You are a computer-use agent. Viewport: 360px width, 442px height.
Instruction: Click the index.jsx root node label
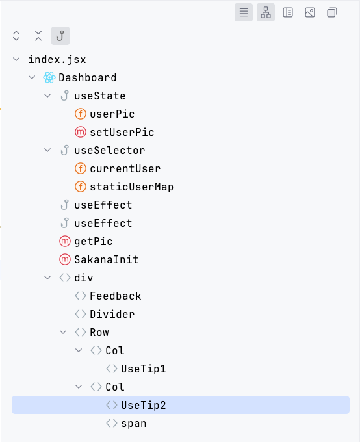tap(57, 59)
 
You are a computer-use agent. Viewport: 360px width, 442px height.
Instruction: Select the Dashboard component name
tap(87, 77)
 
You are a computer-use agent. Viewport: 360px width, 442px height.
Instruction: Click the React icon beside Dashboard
tap(49, 77)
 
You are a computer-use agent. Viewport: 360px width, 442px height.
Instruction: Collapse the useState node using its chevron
tap(47, 96)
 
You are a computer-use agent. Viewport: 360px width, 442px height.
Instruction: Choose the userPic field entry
tap(112, 114)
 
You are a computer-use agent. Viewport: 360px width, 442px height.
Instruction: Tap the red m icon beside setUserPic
tap(81, 132)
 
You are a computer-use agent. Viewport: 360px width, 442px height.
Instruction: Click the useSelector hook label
tap(109, 150)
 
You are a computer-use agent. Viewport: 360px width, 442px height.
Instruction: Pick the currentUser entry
tap(125, 168)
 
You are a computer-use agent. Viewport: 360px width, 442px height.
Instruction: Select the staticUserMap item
tap(131, 187)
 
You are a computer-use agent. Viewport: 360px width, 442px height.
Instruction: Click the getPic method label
tap(93, 241)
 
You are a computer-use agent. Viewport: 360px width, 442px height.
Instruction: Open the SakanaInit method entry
tap(106, 259)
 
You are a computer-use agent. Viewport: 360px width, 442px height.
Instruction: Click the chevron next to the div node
tap(47, 278)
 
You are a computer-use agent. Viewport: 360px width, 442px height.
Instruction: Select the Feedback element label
tap(115, 296)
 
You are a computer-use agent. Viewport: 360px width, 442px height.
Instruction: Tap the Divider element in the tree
tap(112, 314)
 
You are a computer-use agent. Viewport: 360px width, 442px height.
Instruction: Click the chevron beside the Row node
tap(63, 332)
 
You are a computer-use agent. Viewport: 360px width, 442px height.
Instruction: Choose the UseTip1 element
tap(143, 369)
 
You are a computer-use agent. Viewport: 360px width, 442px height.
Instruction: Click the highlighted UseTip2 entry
tap(143, 405)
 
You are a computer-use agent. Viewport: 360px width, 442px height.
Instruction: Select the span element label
tap(133, 423)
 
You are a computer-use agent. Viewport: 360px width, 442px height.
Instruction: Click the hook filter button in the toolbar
tap(60, 36)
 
